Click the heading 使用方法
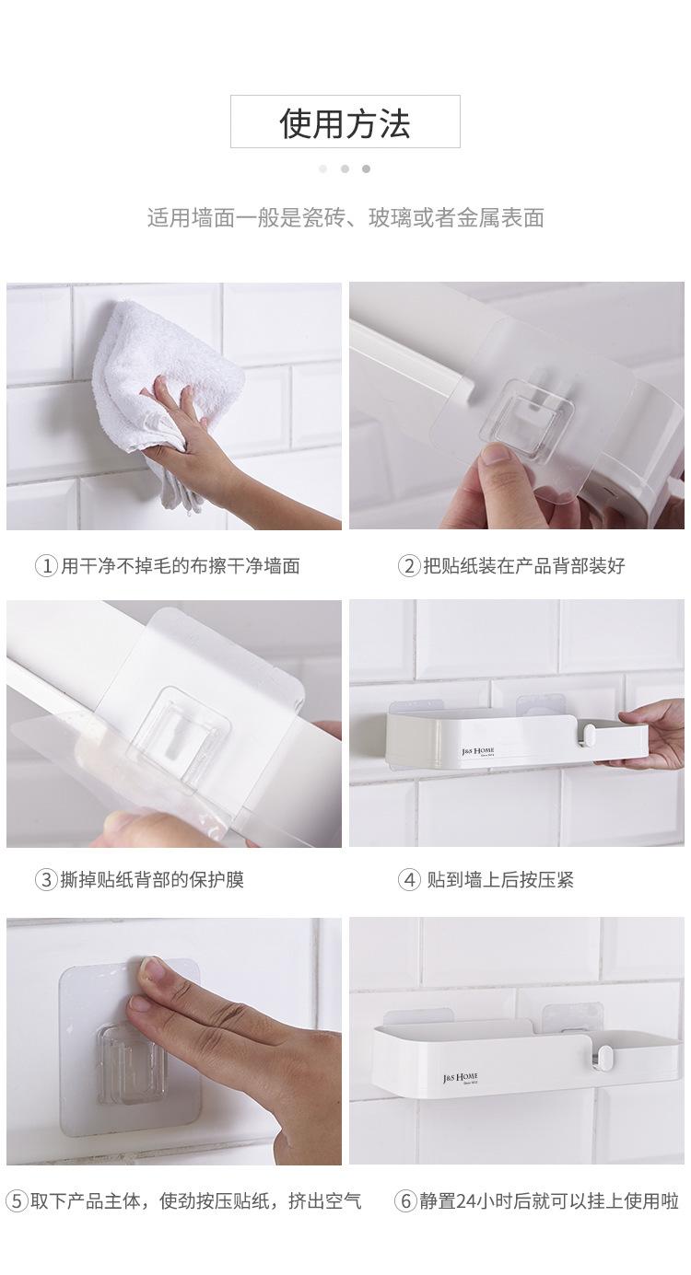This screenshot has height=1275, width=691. pyautogui.click(x=345, y=122)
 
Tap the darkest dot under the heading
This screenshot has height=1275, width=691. pyautogui.click(x=366, y=168)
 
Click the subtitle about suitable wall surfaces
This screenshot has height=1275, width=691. pyautogui.click(x=345, y=218)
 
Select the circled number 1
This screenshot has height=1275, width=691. pyautogui.click(x=45, y=566)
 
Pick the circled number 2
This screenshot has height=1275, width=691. pyautogui.click(x=408, y=566)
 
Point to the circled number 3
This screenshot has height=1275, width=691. pyautogui.click(x=45, y=880)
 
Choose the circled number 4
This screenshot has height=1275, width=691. pyautogui.click(x=408, y=880)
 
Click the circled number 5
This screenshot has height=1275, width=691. pyautogui.click(x=17, y=1201)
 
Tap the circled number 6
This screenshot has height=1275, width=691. pyautogui.click(x=405, y=1201)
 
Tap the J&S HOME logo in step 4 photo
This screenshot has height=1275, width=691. pyautogui.click(x=478, y=751)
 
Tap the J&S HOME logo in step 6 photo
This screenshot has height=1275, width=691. pyautogui.click(x=460, y=1076)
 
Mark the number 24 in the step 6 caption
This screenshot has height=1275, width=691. pyautogui.click(x=479, y=1201)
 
